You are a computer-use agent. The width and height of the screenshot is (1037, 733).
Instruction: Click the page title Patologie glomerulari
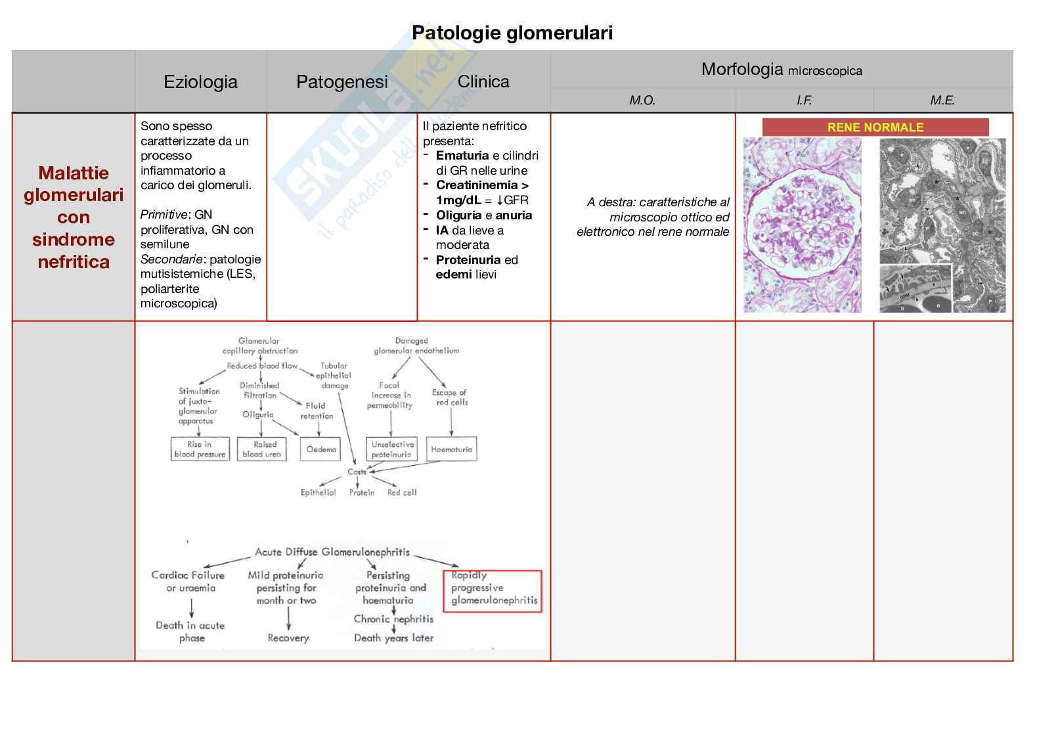[x=512, y=33]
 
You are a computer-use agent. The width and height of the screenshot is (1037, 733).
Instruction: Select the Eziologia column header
[x=200, y=82]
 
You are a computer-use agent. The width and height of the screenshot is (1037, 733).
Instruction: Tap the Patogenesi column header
[x=342, y=82]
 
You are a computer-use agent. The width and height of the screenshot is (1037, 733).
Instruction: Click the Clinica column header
[x=483, y=82]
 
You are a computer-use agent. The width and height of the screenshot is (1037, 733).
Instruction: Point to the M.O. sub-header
[x=642, y=100]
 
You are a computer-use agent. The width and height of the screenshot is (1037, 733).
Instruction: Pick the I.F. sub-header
[x=804, y=100]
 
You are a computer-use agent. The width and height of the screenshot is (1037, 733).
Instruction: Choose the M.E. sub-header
[x=942, y=100]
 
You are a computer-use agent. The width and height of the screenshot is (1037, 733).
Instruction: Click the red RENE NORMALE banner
[x=875, y=127]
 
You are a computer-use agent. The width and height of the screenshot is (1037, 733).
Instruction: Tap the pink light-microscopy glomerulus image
[x=802, y=225]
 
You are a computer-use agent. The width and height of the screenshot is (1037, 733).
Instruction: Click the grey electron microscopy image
[x=942, y=225]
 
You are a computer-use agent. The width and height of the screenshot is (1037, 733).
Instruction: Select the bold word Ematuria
[x=462, y=156]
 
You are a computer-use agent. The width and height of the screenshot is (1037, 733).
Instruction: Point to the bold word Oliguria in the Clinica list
[x=459, y=215]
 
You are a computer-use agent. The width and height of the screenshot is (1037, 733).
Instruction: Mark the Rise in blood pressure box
[x=200, y=449]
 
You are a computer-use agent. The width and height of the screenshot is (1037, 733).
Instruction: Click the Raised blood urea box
[x=261, y=449]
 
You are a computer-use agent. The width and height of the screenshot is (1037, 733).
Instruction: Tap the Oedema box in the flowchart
[x=321, y=449]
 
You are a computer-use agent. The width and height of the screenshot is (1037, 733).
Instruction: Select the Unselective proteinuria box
[x=391, y=449]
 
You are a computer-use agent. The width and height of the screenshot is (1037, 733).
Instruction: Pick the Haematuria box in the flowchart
[x=451, y=449]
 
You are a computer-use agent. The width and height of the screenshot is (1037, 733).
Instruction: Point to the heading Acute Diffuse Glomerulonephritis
[x=332, y=552]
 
